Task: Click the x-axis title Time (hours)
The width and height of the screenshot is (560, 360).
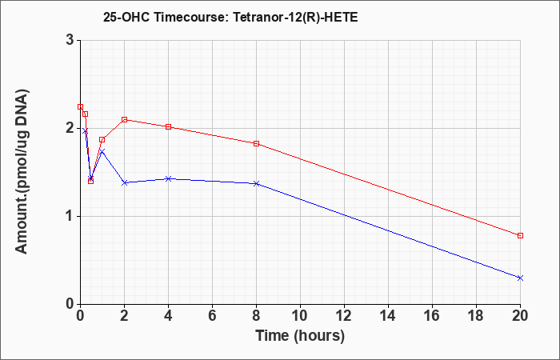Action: (300, 337)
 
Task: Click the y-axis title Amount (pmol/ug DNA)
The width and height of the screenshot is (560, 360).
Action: (22, 172)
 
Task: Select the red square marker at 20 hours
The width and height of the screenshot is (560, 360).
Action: (520, 236)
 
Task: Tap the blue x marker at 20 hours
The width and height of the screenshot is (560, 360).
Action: (520, 278)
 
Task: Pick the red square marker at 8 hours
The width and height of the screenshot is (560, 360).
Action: (257, 143)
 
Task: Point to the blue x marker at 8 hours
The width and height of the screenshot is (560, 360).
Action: (257, 183)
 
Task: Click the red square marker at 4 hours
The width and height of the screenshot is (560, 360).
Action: (169, 126)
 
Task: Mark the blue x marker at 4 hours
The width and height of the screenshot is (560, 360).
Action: (169, 178)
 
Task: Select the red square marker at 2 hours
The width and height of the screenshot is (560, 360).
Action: (125, 120)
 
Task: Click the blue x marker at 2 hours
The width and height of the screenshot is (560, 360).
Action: (125, 183)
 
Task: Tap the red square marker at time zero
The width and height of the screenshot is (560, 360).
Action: (80, 106)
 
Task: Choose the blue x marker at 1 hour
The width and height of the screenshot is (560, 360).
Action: (102, 152)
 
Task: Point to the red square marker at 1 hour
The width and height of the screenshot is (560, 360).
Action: (102, 140)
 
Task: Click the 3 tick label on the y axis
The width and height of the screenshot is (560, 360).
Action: (70, 40)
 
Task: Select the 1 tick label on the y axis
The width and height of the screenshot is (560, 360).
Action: (70, 217)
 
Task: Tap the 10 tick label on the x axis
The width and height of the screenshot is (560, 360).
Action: (300, 316)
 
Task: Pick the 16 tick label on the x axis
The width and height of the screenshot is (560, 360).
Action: (433, 316)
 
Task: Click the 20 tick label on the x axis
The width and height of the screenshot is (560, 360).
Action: (520, 316)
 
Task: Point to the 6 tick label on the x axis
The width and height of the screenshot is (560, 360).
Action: (213, 316)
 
